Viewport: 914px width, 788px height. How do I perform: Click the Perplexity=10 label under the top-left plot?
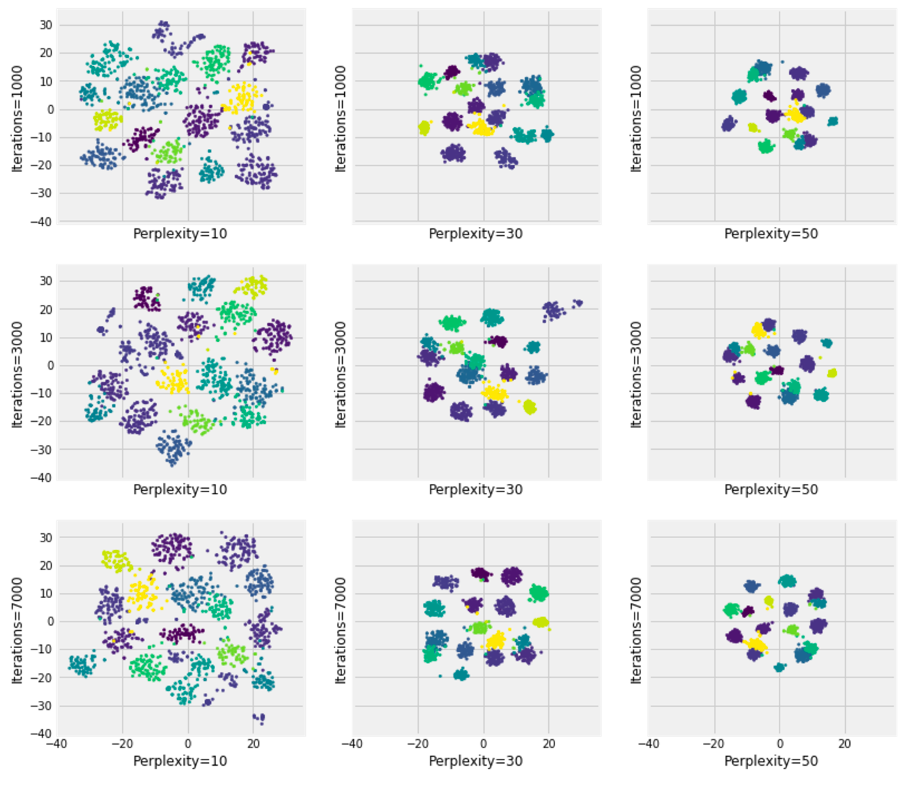point(180,234)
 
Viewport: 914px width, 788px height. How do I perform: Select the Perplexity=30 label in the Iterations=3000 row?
point(475,490)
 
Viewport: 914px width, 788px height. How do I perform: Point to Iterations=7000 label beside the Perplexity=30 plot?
point(341,630)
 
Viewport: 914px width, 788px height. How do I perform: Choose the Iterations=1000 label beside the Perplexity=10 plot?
point(17,118)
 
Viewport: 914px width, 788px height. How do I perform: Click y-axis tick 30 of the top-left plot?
point(46,25)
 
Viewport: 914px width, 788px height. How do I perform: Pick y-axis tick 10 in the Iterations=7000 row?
point(46,594)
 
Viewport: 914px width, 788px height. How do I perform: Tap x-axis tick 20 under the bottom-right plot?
point(845,744)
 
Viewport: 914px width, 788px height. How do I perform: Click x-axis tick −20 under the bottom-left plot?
point(123,744)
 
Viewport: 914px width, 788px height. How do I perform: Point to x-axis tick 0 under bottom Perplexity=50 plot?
point(780,744)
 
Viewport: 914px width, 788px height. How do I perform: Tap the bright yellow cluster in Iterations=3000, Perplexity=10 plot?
point(172,381)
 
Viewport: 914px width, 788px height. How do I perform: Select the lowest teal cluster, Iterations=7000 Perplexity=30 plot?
point(460,674)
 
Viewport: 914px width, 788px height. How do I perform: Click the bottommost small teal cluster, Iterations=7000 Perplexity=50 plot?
point(780,667)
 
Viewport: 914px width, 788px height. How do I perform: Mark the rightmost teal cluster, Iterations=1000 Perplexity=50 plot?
point(832,121)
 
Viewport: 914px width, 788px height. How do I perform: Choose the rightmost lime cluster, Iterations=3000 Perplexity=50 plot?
point(831,373)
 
